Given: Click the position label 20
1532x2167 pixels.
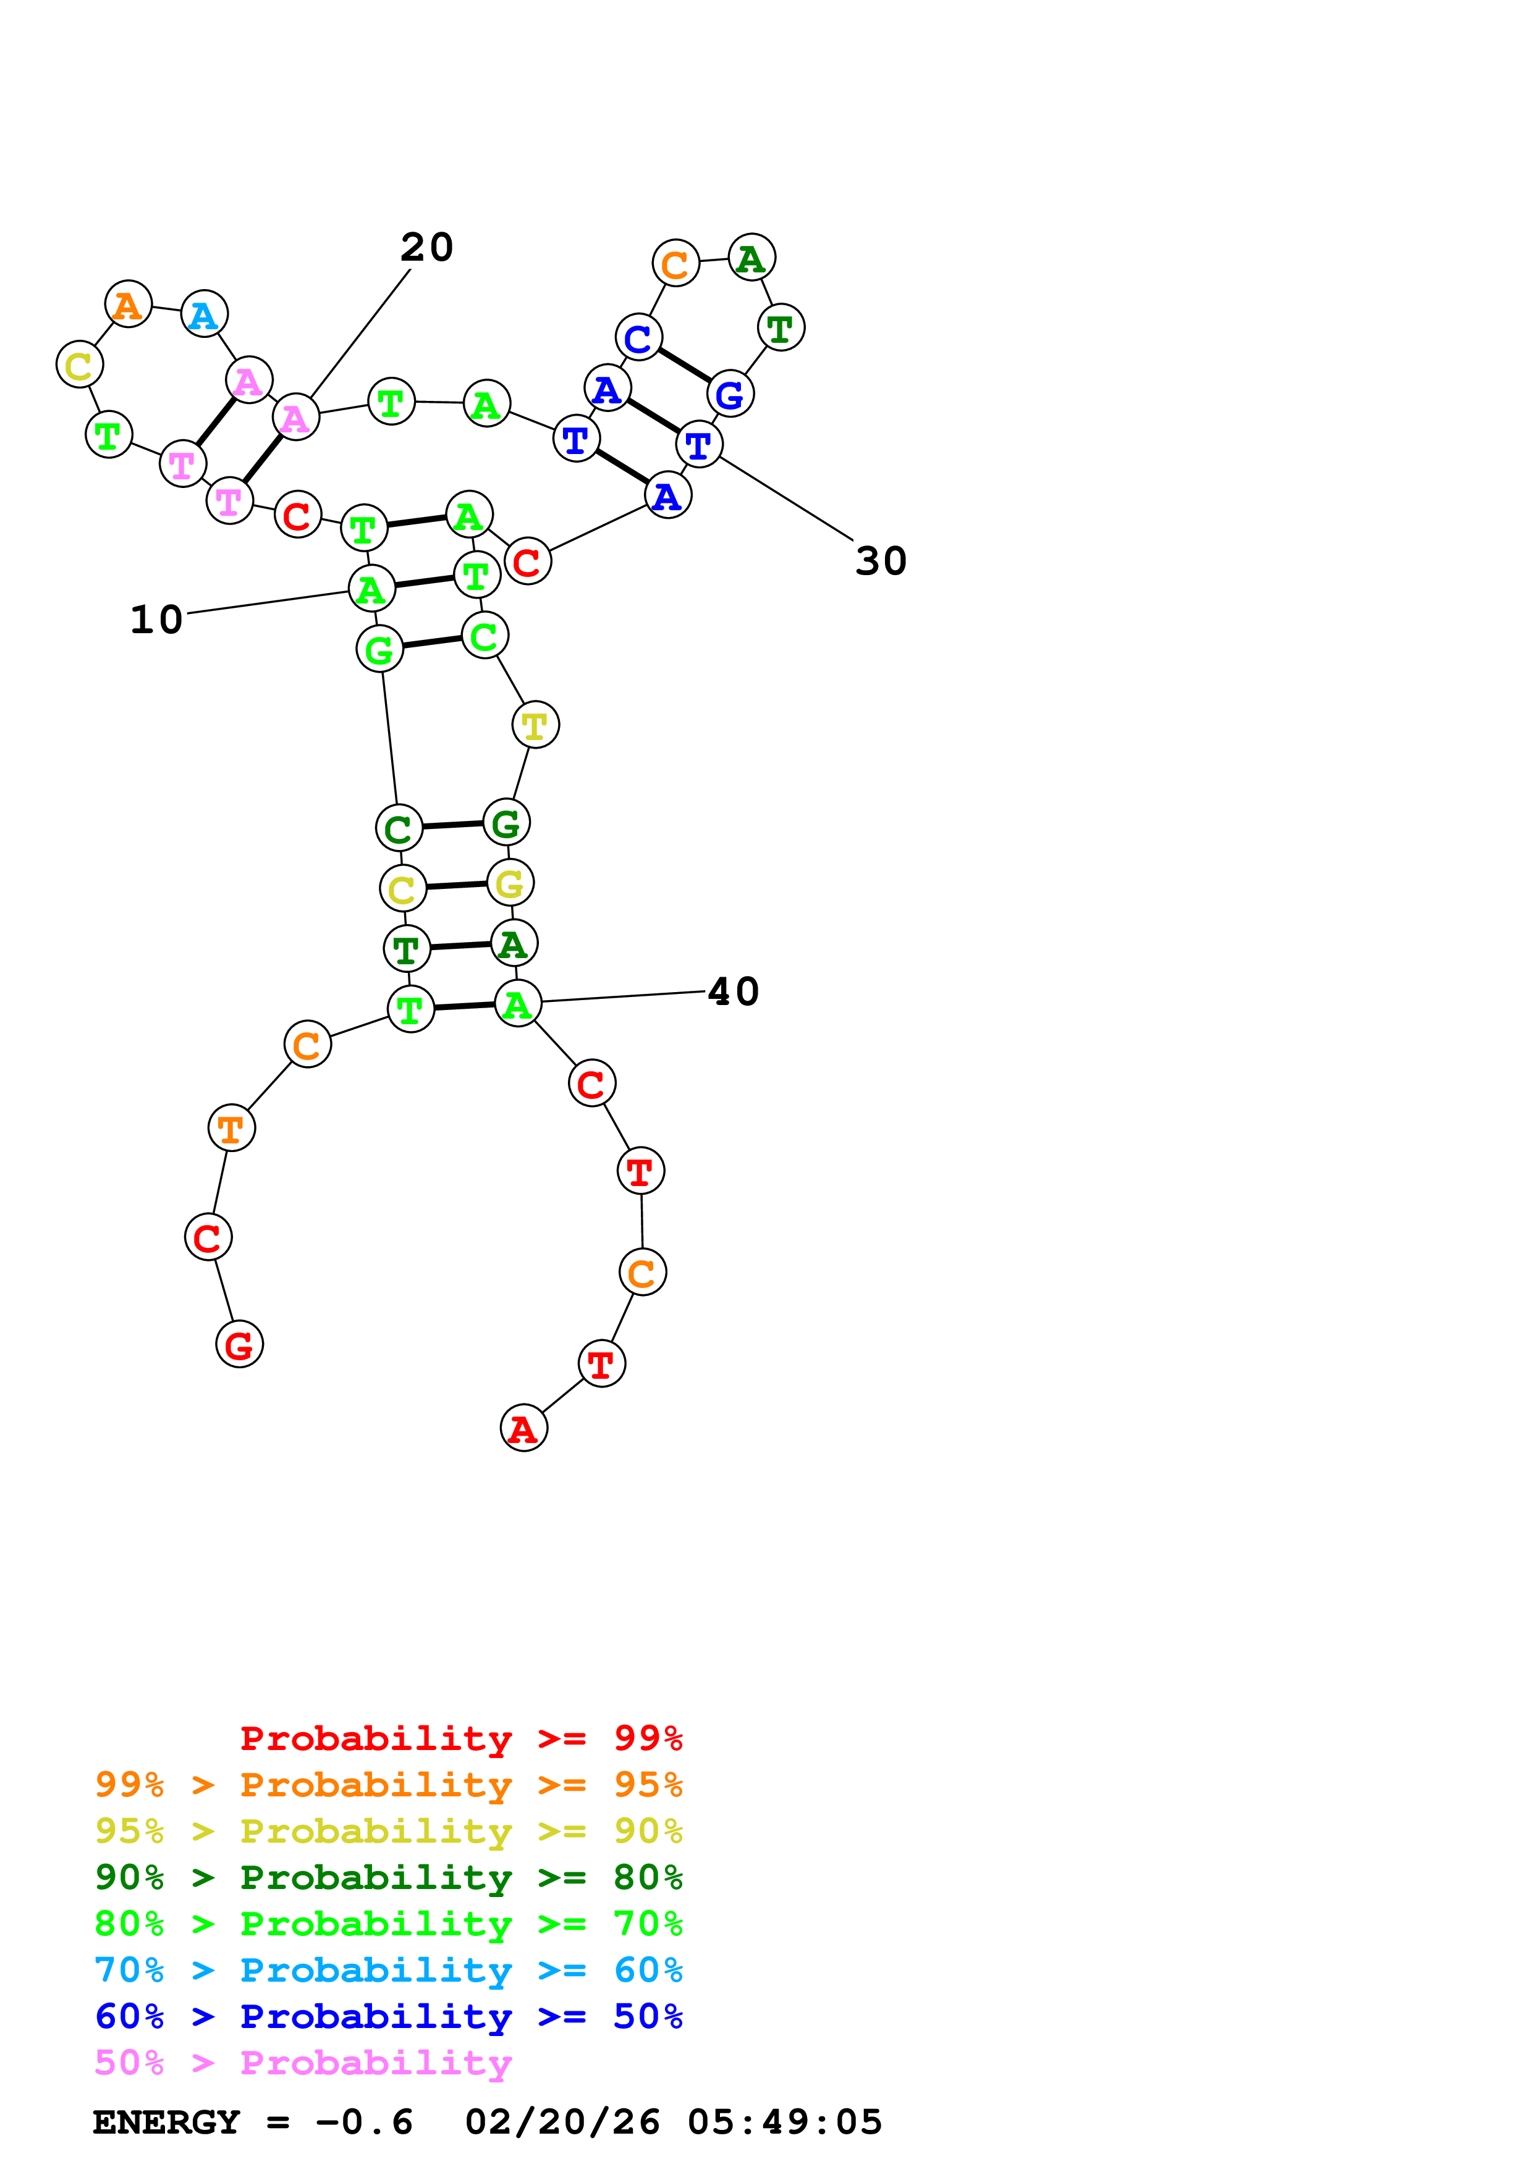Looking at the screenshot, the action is (426, 247).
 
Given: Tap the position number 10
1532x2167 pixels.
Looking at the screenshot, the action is (156, 620).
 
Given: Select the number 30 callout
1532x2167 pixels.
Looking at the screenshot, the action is (881, 562).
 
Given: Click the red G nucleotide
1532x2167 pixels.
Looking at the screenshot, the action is (240, 1344).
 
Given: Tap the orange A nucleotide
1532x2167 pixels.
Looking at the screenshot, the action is (129, 305).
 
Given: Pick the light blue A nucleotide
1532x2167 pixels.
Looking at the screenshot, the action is (204, 314).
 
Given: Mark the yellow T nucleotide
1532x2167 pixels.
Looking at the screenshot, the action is (535, 725).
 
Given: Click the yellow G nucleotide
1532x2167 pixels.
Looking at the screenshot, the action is (510, 883).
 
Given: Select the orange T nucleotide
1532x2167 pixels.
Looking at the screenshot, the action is (231, 1128).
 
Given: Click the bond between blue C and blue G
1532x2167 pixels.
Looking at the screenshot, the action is (684, 365).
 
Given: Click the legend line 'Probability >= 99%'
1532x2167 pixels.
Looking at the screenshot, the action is (460, 1738).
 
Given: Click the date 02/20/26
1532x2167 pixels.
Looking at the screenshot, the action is (562, 2123).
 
